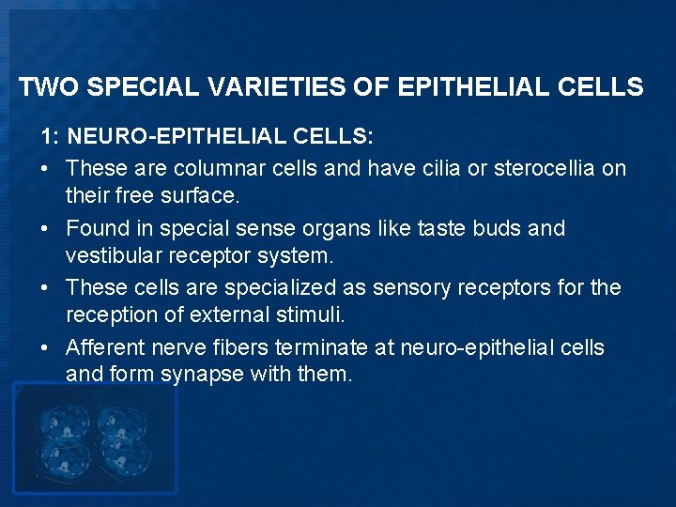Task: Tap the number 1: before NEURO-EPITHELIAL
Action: (x=51, y=138)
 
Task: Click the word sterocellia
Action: (x=545, y=168)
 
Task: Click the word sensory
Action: (x=408, y=287)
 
